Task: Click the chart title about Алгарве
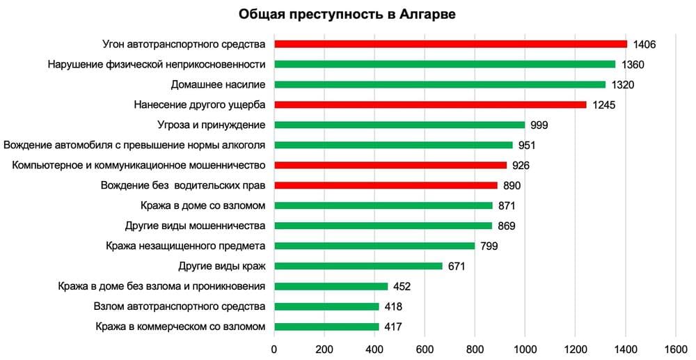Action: [x=347, y=15]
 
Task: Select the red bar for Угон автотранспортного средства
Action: [x=450, y=44]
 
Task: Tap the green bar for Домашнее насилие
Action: [x=440, y=84]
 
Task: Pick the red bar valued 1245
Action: [x=430, y=104]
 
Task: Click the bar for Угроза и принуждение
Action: [x=400, y=125]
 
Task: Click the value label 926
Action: [x=521, y=166]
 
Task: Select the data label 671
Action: [x=457, y=267]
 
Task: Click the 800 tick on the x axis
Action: [x=475, y=348]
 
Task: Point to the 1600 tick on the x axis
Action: [x=675, y=348]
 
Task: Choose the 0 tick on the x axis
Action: [x=274, y=348]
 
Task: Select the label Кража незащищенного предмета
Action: [x=186, y=246]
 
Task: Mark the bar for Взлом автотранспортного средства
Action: [x=326, y=306]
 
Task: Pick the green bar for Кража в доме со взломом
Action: [x=383, y=205]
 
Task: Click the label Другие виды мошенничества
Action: [x=195, y=226]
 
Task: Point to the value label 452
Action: [x=402, y=287]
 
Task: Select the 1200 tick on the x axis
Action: [x=575, y=348]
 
